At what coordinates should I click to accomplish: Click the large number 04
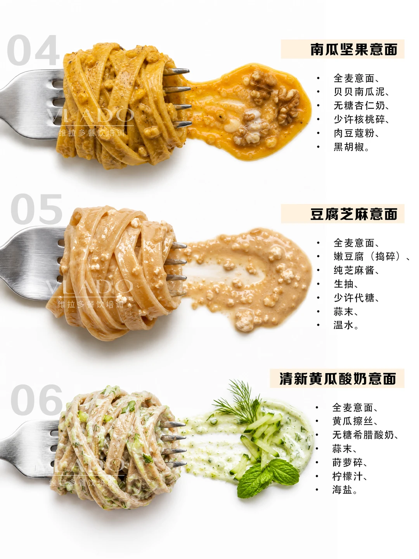33,50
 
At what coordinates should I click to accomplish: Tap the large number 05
36,209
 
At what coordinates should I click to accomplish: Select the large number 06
36,400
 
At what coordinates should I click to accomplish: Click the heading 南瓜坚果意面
354,49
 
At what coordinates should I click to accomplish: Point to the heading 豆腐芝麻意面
354,214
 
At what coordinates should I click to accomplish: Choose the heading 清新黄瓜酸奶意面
338,379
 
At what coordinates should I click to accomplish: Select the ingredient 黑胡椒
349,147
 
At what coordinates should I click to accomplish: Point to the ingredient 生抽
343,284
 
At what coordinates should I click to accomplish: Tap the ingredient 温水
343,325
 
